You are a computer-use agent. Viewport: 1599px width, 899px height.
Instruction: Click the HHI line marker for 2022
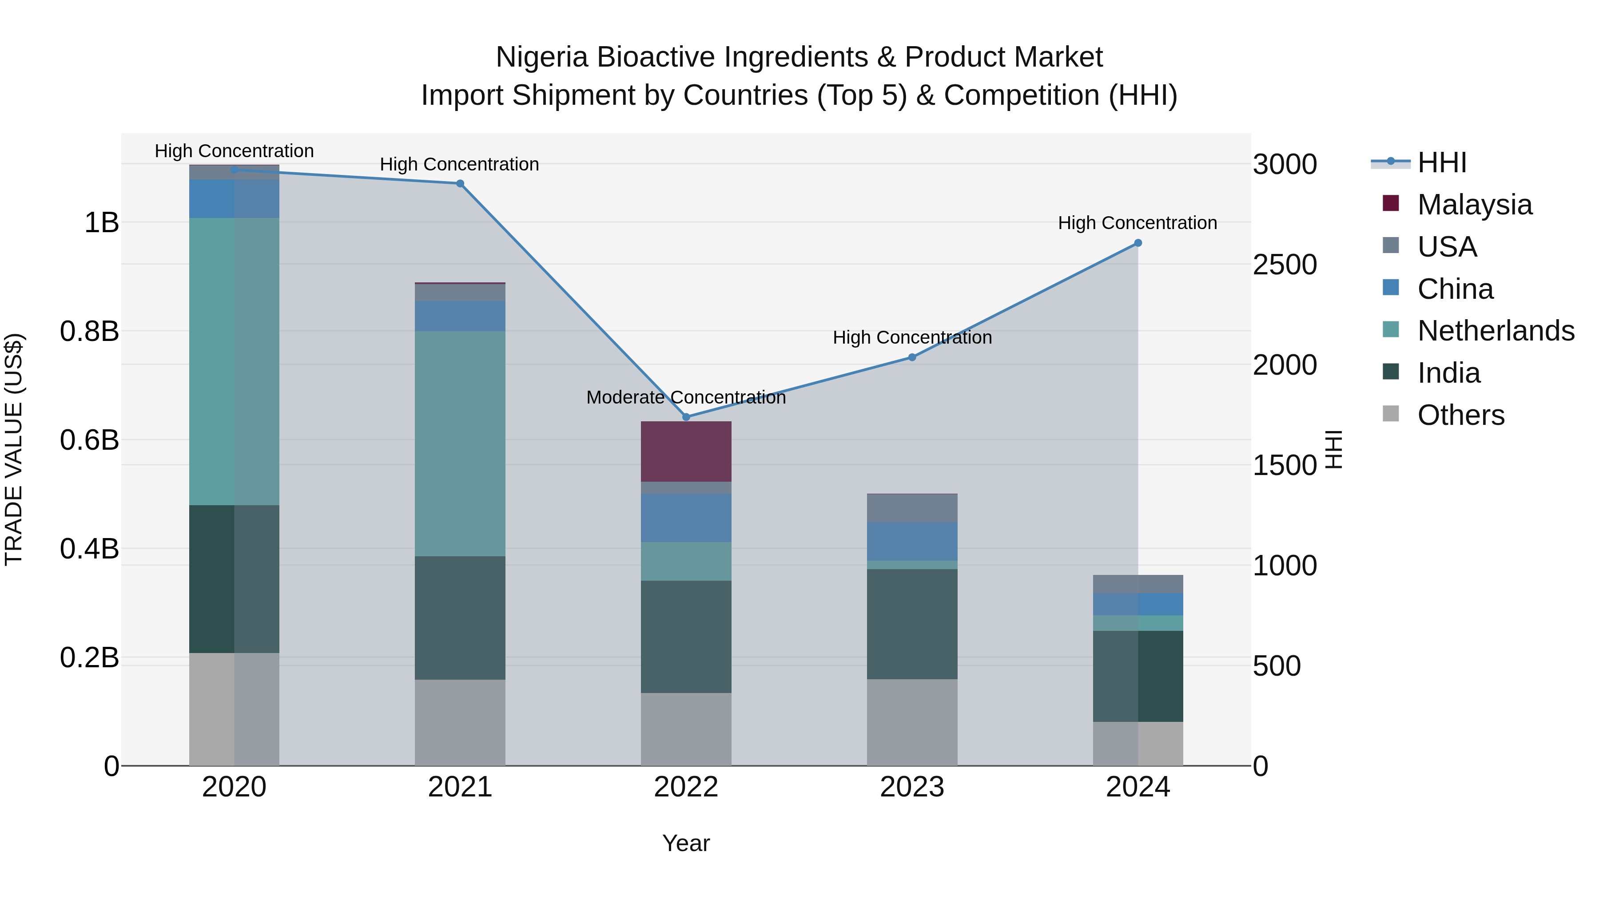(x=686, y=417)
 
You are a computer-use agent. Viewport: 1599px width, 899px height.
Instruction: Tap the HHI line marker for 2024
(x=1138, y=243)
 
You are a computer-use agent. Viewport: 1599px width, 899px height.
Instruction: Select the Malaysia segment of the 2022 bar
(x=686, y=451)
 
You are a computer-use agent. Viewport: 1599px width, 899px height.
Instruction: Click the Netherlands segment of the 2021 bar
(x=460, y=444)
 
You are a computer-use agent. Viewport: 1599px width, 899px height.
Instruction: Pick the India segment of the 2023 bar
(x=912, y=624)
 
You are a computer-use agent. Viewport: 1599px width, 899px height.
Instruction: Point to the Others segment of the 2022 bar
(x=686, y=729)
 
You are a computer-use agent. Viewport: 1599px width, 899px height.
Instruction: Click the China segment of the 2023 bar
(x=912, y=542)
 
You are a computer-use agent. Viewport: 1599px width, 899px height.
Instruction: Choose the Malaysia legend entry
(x=1474, y=205)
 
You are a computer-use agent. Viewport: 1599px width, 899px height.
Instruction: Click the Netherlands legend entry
(x=1496, y=331)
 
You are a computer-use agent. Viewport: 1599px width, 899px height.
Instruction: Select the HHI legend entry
(x=1441, y=162)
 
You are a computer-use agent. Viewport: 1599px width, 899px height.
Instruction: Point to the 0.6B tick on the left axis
(x=89, y=440)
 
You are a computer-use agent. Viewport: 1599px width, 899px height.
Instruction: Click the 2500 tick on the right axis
(x=1284, y=265)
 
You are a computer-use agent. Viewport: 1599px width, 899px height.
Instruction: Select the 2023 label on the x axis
(x=912, y=787)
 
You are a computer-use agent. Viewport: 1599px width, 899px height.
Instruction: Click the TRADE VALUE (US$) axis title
(x=14, y=449)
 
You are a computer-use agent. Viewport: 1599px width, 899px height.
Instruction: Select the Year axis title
(x=686, y=843)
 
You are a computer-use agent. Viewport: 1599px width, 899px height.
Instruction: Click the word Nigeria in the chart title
(x=541, y=57)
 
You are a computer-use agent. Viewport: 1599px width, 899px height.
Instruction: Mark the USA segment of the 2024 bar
(x=1138, y=584)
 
